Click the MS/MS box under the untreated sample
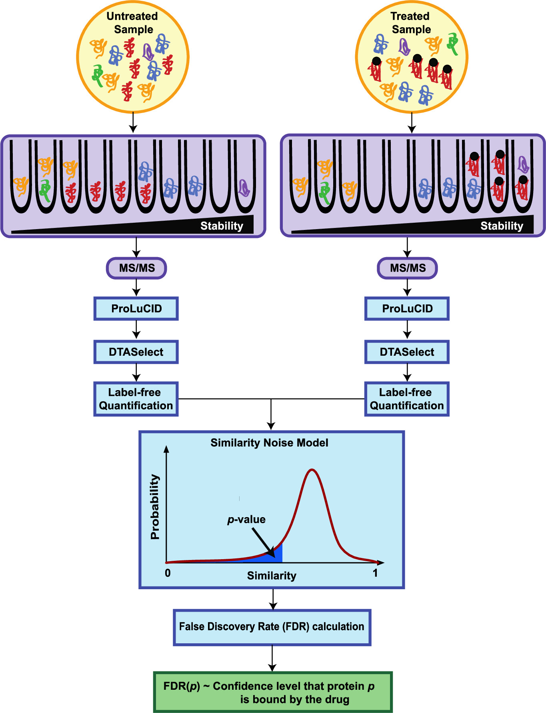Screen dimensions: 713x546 [x=136, y=268]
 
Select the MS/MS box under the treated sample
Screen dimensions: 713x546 [x=407, y=268]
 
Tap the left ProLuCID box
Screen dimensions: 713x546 [x=136, y=308]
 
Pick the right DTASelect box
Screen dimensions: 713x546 [x=407, y=352]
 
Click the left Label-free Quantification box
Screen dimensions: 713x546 [x=136, y=399]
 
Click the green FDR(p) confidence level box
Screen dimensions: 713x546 [x=273, y=692]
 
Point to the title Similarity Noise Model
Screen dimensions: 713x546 [x=269, y=443]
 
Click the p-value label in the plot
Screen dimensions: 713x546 [x=246, y=520]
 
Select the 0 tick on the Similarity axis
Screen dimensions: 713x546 [x=168, y=573]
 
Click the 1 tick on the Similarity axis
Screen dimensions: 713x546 [x=375, y=573]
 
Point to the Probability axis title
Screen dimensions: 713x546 [x=155, y=507]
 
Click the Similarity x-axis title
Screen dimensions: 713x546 [x=272, y=576]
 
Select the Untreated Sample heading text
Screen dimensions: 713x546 [x=132, y=22]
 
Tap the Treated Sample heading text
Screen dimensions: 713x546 [x=411, y=22]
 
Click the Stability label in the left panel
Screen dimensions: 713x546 [x=222, y=226]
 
